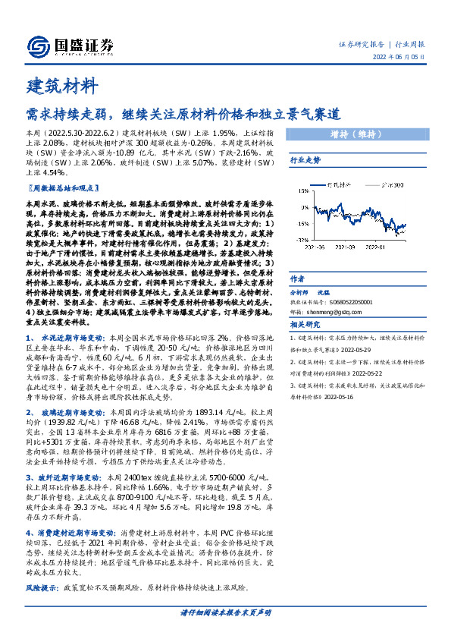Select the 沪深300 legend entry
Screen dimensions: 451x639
pos(395,184)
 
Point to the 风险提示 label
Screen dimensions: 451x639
pos(42,588)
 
